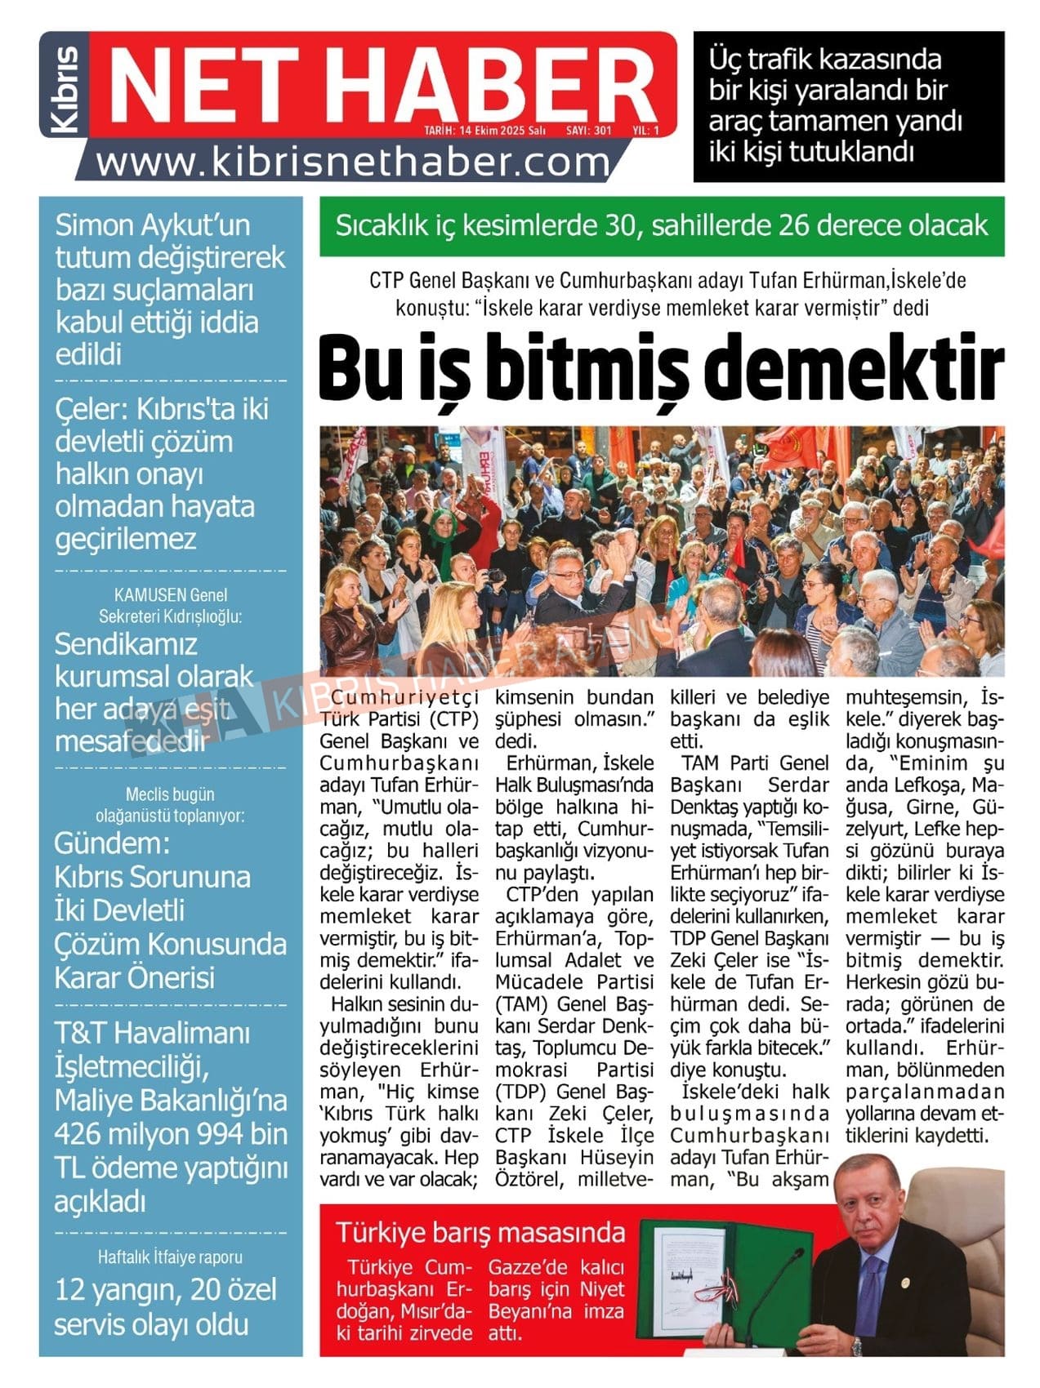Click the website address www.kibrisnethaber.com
[x=353, y=163]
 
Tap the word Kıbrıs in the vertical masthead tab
[x=65, y=89]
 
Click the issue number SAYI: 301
[x=588, y=130]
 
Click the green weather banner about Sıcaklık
[x=661, y=225]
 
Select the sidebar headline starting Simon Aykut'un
[x=170, y=289]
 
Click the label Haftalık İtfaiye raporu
[x=170, y=1257]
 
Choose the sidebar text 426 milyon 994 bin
[x=171, y=1134]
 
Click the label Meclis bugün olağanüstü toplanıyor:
[x=170, y=804]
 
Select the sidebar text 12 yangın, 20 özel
[x=166, y=1290]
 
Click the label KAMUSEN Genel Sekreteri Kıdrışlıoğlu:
[x=170, y=605]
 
